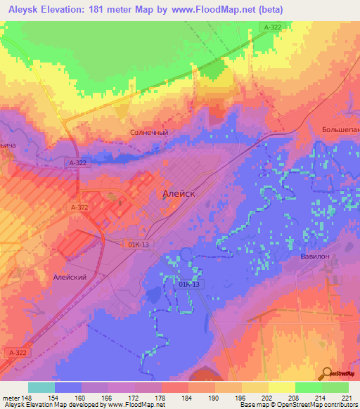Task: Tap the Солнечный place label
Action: click(x=149, y=131)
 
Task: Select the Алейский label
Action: click(x=70, y=278)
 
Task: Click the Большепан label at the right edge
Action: click(x=340, y=130)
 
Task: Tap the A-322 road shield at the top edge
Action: click(x=273, y=27)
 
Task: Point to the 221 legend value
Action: click(x=343, y=396)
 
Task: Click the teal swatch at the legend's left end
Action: click(x=41, y=387)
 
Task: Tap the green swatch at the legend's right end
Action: click(x=335, y=387)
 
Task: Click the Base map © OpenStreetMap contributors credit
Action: click(x=299, y=405)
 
